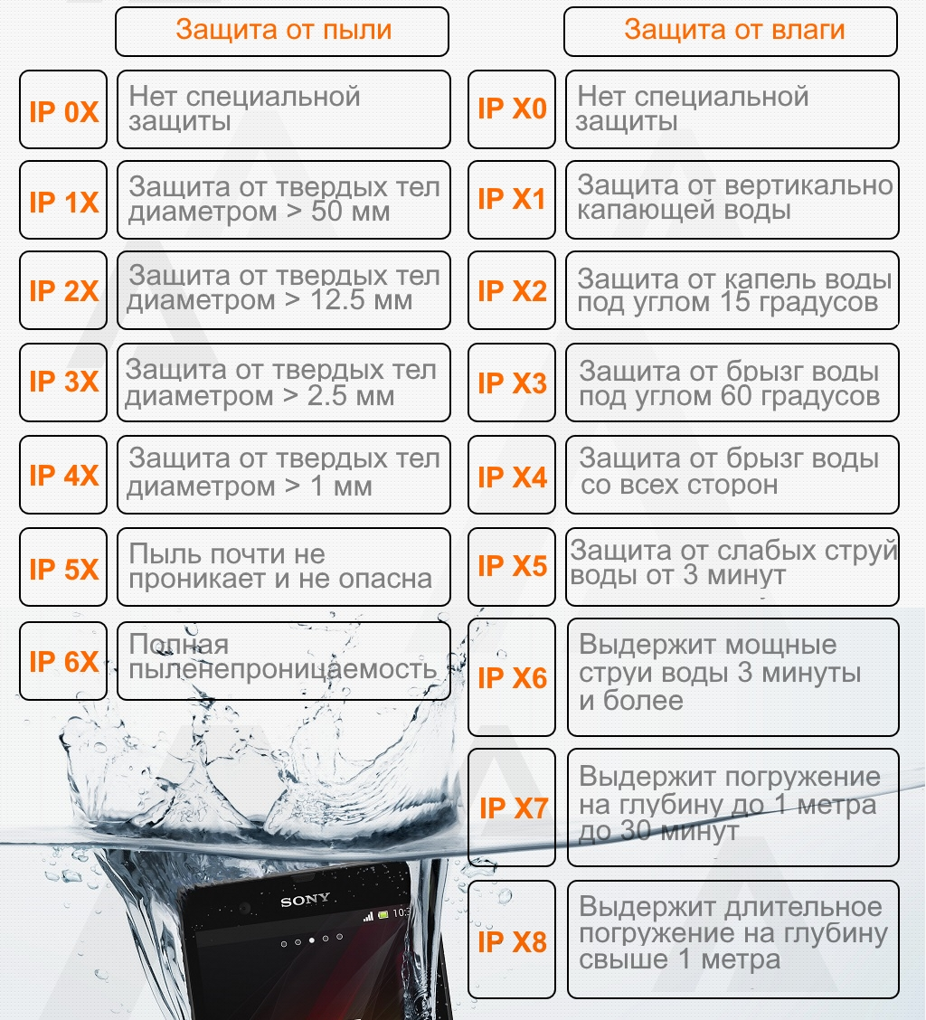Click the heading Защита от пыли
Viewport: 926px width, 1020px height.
pos(284,31)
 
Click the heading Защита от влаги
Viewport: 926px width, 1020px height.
pos(734,30)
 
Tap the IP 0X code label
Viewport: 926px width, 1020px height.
pos(64,112)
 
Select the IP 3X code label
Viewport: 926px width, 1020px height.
pos(64,382)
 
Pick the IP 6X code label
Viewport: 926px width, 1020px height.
pos(64,662)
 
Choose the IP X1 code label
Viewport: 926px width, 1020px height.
pos(512,199)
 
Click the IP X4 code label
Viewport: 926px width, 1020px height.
pos(512,477)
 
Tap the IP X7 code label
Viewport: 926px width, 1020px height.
pos(514,807)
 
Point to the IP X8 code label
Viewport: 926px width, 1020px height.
pos(512,942)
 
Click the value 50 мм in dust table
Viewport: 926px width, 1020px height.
pos(350,212)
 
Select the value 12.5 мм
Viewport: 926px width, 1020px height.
pos(361,300)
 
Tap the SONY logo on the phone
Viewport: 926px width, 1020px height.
pos(305,900)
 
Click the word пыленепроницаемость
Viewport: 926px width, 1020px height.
pos(283,669)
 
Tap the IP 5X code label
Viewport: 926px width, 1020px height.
pos(64,569)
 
